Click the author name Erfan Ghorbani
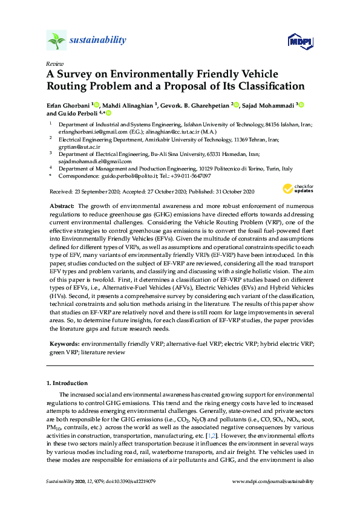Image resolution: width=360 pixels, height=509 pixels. (68, 105)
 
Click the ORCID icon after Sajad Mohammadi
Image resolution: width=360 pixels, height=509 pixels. (301, 105)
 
